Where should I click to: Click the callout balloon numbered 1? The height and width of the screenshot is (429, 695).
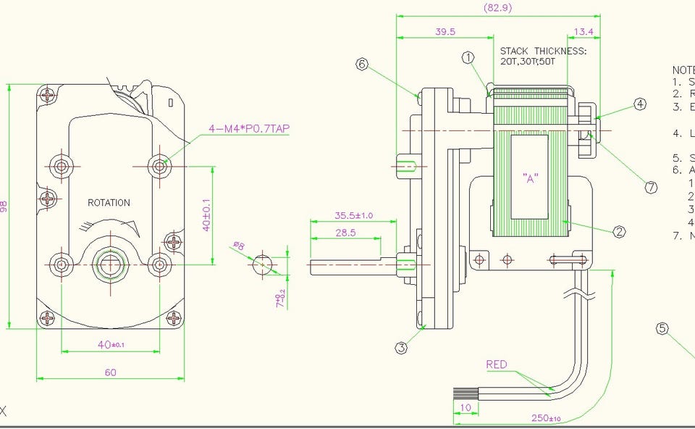[x=468, y=57]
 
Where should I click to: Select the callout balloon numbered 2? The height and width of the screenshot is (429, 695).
[x=619, y=232]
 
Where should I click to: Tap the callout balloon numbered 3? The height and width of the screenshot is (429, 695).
[x=402, y=349]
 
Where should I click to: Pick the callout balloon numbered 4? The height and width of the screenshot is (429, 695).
[x=640, y=104]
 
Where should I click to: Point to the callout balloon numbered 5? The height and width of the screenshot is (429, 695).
[x=662, y=328]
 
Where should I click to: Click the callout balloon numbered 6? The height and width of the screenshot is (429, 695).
[x=363, y=64]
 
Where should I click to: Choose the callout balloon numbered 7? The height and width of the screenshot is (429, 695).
[x=651, y=187]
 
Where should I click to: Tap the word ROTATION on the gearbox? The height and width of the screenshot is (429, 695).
[x=109, y=203]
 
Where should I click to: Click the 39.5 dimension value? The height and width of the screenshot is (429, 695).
[x=445, y=32]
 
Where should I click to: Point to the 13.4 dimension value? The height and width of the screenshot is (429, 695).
[x=583, y=32]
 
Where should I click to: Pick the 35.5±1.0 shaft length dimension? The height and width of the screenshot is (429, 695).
[x=353, y=215]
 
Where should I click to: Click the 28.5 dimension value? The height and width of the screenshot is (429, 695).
[x=345, y=233]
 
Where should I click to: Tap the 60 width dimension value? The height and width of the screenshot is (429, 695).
[x=110, y=372]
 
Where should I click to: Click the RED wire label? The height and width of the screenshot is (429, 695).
[x=497, y=365]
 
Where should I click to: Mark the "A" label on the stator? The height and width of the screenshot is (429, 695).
[x=531, y=178]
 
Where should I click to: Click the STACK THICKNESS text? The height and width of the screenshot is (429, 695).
[x=543, y=51]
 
